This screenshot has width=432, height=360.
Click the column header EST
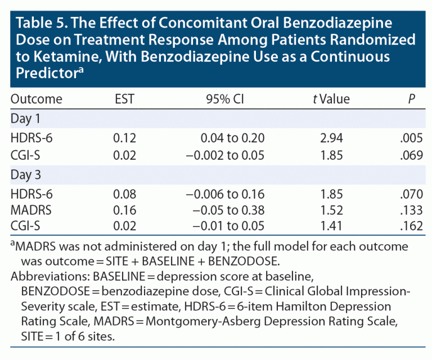(123, 100)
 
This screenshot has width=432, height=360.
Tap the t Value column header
(331, 100)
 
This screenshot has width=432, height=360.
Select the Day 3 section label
(26, 174)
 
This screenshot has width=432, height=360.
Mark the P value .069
(413, 155)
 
